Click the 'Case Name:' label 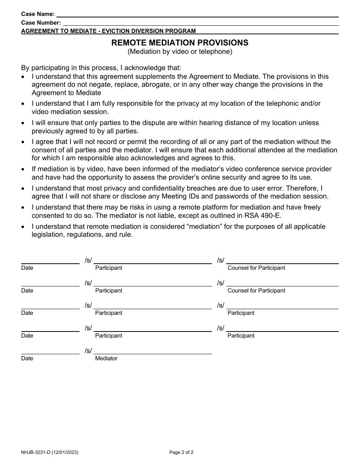pyautogui.click(x=38, y=14)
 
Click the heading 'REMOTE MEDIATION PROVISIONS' pyautogui.click(x=180, y=43)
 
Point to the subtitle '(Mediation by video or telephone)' pyautogui.click(x=180, y=52)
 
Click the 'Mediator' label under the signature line pyautogui.click(x=106, y=358)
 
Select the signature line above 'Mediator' pyautogui.click(x=153, y=354)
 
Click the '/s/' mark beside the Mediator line pyautogui.click(x=88, y=351)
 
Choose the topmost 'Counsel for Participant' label pyautogui.click(x=256, y=268)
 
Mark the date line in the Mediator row pyautogui.click(x=50, y=354)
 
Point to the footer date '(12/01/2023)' pyautogui.click(x=66, y=452)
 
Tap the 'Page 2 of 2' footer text pyautogui.click(x=181, y=452)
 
